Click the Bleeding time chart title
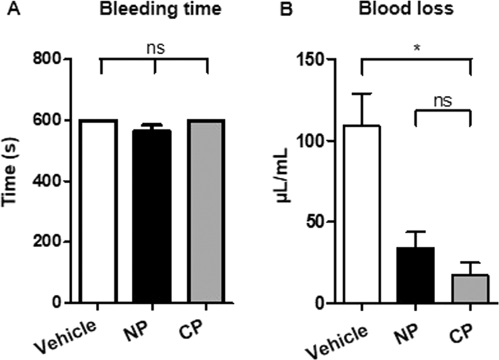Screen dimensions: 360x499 [x=154, y=12]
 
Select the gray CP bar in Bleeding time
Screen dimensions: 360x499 [x=208, y=211]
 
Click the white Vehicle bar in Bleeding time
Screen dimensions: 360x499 [x=100, y=211]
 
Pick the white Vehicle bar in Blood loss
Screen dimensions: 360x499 [x=361, y=214]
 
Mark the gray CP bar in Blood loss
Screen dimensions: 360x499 [x=471, y=289]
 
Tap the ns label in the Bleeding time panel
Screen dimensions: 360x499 [x=154, y=50]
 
